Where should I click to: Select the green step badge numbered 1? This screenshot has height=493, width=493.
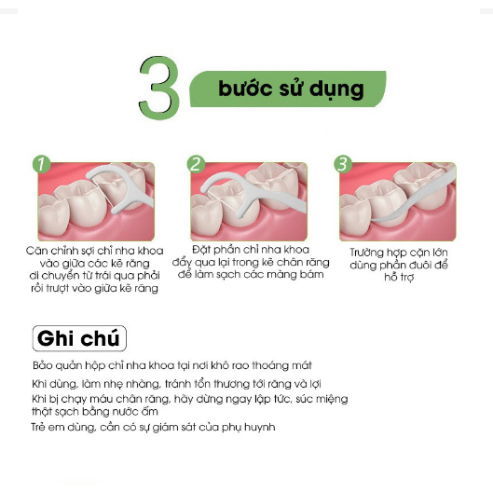(41, 164)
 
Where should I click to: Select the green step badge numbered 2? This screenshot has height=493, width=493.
(196, 164)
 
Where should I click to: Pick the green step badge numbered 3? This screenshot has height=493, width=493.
(343, 164)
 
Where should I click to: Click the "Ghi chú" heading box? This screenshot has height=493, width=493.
(79, 338)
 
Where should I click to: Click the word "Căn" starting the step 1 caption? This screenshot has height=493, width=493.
(36, 251)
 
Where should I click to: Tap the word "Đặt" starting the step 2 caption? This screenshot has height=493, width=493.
(200, 250)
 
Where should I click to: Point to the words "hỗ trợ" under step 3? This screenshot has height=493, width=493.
(399, 278)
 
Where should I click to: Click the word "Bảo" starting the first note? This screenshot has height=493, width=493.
(40, 365)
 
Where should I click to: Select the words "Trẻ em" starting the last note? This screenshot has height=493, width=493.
(48, 427)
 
